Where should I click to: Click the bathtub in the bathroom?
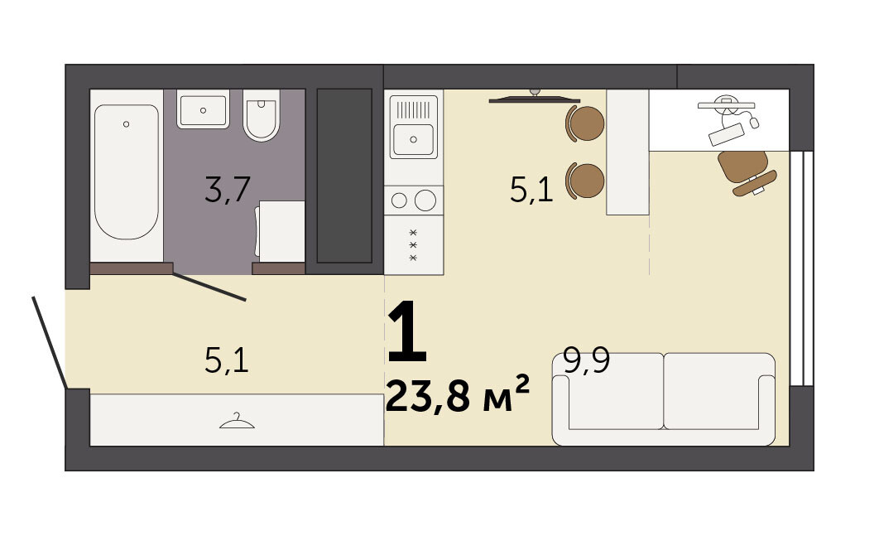pyautogui.click(x=126, y=171)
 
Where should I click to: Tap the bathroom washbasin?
pyautogui.click(x=203, y=109)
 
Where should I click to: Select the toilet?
pyautogui.click(x=262, y=115)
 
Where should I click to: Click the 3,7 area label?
pyautogui.click(x=227, y=189)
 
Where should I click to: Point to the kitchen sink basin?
pyautogui.click(x=414, y=139)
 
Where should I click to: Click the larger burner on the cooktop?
pyautogui.click(x=425, y=200)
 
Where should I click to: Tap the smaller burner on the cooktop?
pyautogui.click(x=399, y=200)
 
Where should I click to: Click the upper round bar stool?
pyautogui.click(x=585, y=123)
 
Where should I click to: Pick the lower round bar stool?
pyautogui.click(x=585, y=181)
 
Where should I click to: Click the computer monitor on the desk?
pyautogui.click(x=727, y=104)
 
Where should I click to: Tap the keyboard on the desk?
pyautogui.click(x=727, y=134)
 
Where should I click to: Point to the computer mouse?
pyautogui.click(x=755, y=123)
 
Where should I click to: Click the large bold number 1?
pyautogui.click(x=407, y=331)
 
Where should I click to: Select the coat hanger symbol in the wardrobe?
pyautogui.click(x=237, y=421)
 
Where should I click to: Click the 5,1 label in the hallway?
pyautogui.click(x=227, y=360)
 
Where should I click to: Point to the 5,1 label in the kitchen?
pyautogui.click(x=531, y=189)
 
